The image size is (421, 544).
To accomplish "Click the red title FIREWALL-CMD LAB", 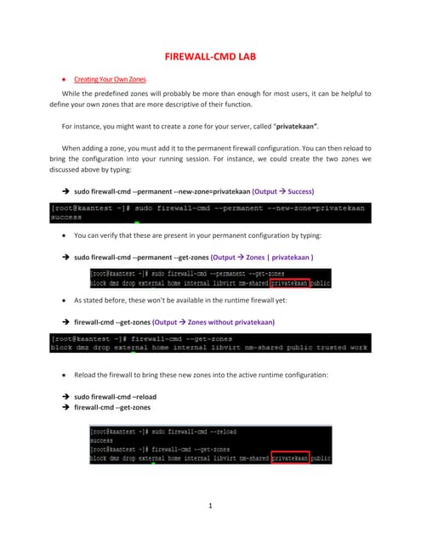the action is (x=210, y=57).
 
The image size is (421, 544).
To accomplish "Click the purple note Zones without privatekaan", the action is (x=231, y=321).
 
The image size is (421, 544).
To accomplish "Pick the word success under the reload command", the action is (x=101, y=440).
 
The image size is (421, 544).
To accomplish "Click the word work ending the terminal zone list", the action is (x=357, y=347).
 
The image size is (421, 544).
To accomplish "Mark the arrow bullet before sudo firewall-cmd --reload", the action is (x=65, y=396).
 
